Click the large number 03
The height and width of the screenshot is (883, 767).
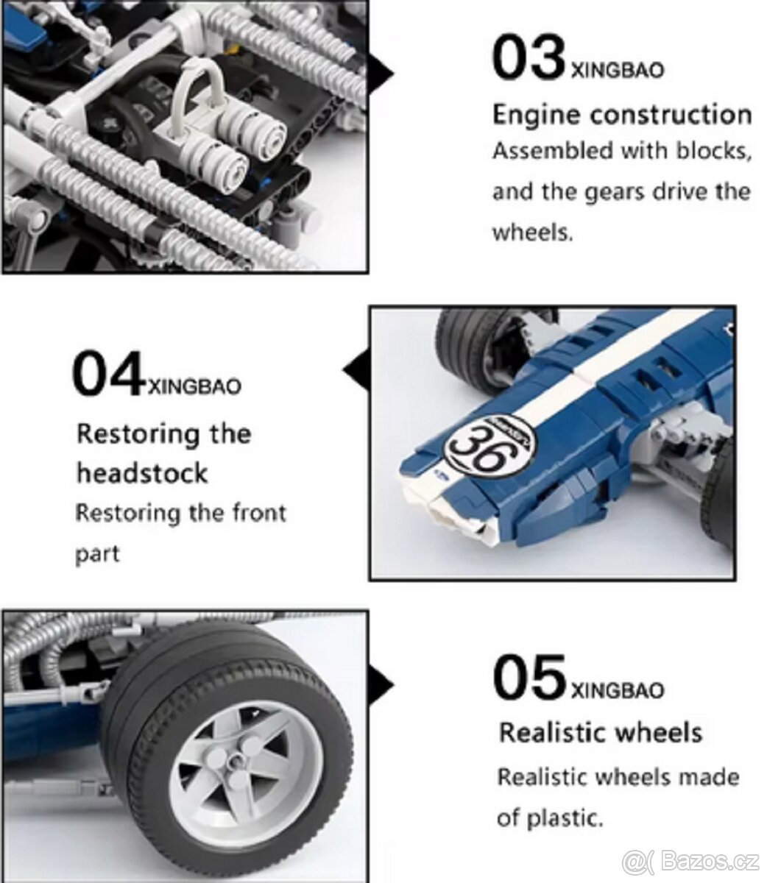[x=529, y=58]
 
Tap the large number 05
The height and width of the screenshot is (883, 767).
[x=529, y=676]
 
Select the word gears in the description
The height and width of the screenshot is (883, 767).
[x=613, y=193]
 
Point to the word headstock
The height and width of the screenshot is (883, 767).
[x=142, y=473]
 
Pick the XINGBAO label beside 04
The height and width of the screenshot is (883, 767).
[x=194, y=387]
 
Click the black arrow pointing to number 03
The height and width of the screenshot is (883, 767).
[x=382, y=74]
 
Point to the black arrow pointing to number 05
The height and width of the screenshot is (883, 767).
[x=382, y=685]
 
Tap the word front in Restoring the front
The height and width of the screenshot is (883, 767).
[x=259, y=513]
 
